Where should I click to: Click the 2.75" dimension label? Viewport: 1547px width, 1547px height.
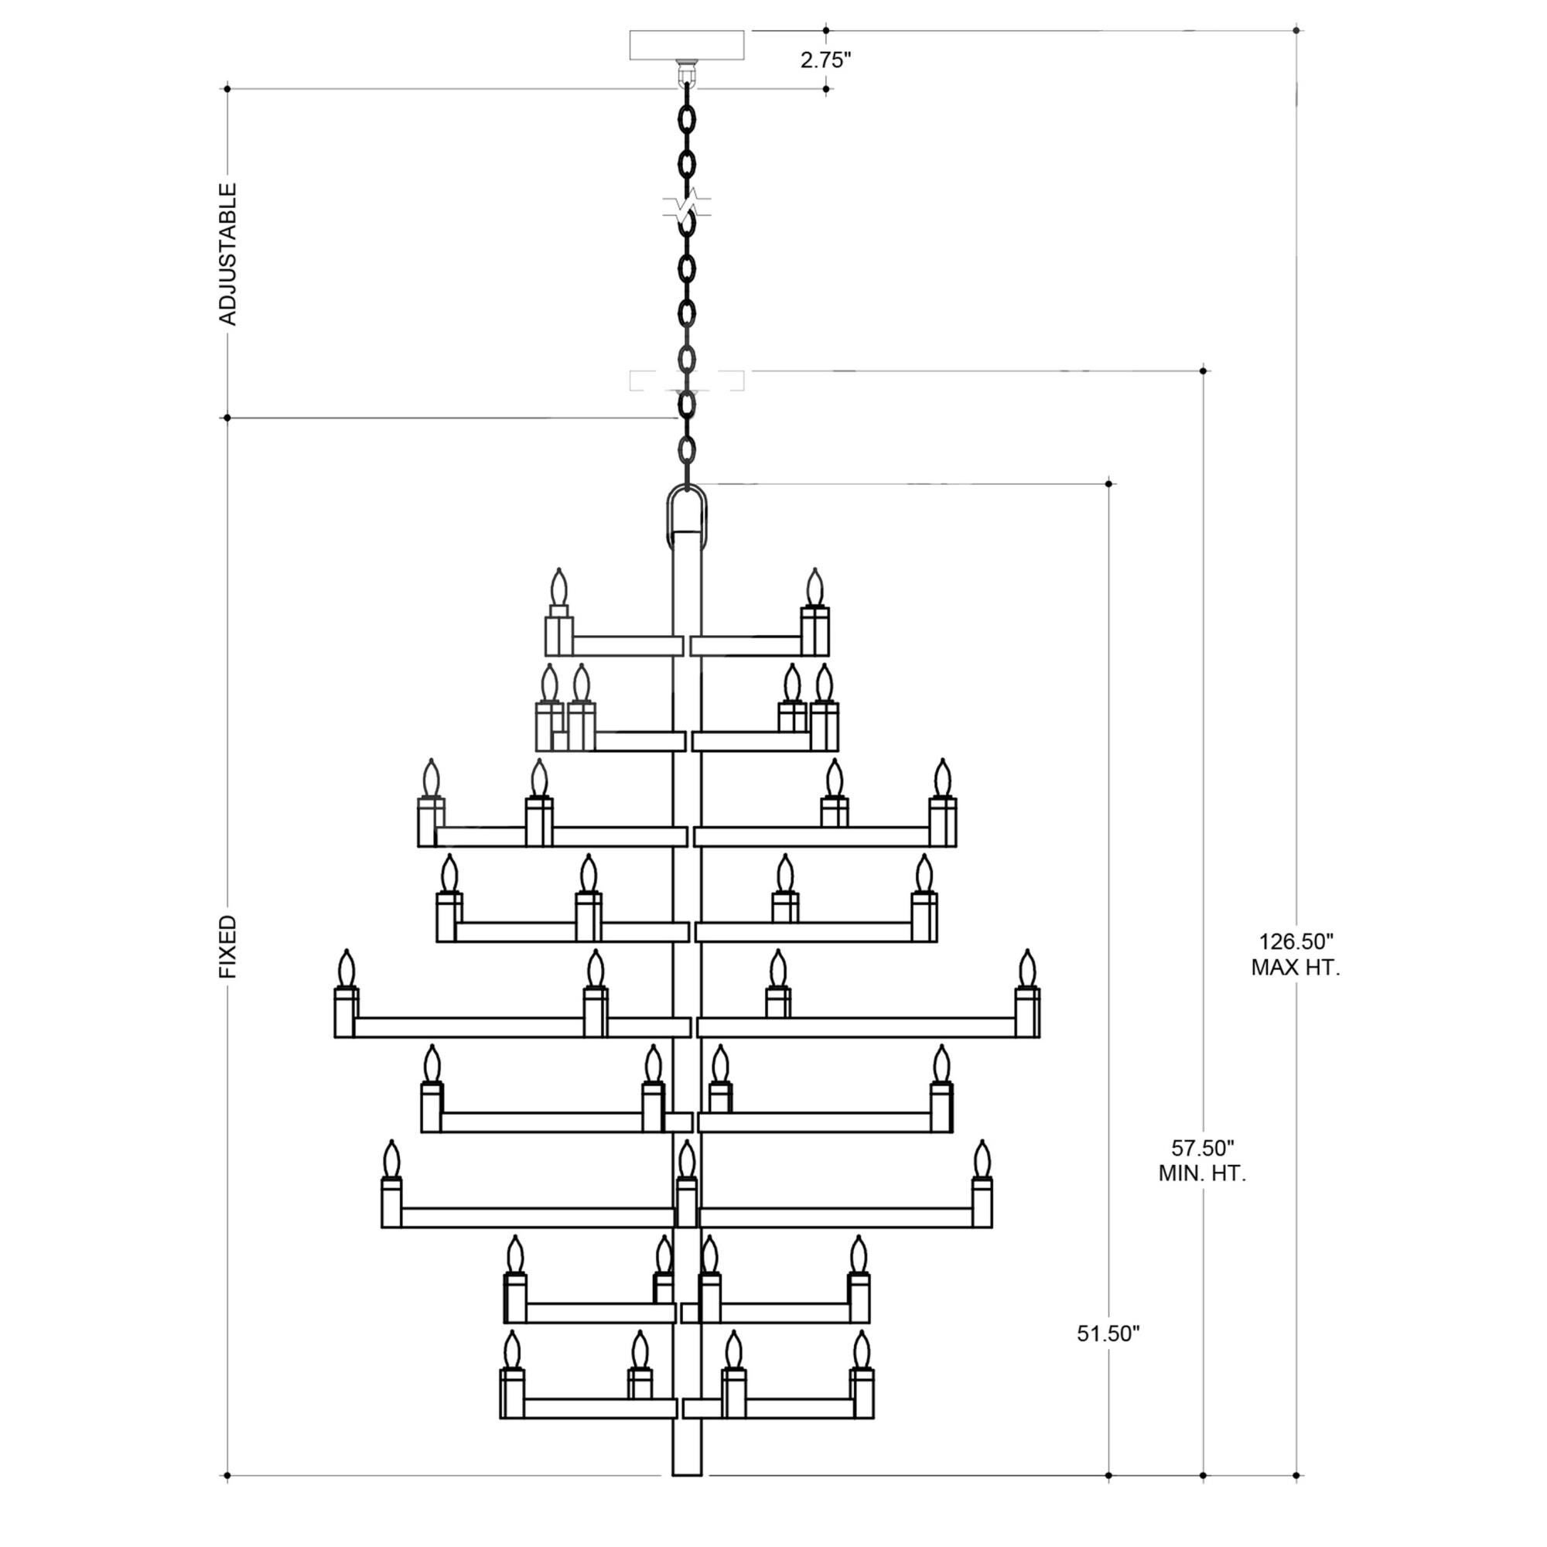click(x=825, y=60)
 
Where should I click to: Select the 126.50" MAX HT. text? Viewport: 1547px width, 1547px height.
click(x=1296, y=954)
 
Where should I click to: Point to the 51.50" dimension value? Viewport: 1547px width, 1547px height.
click(x=1108, y=1334)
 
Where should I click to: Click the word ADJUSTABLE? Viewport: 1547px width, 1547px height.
click(x=228, y=254)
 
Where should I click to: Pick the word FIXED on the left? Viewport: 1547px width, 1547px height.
click(x=228, y=947)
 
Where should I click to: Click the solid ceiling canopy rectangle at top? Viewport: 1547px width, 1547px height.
click(x=687, y=45)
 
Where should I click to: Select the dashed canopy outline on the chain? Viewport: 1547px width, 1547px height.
click(x=687, y=381)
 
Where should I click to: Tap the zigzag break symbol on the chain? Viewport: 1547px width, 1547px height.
click(x=687, y=205)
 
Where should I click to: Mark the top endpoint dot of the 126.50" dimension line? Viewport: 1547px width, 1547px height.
click(x=1296, y=30)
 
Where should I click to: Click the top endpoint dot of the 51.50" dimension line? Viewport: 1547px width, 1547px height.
click(x=1108, y=483)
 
